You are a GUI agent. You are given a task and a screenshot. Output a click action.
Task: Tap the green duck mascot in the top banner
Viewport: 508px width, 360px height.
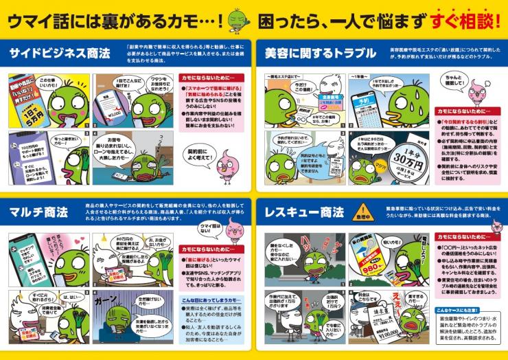coord(240,19)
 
